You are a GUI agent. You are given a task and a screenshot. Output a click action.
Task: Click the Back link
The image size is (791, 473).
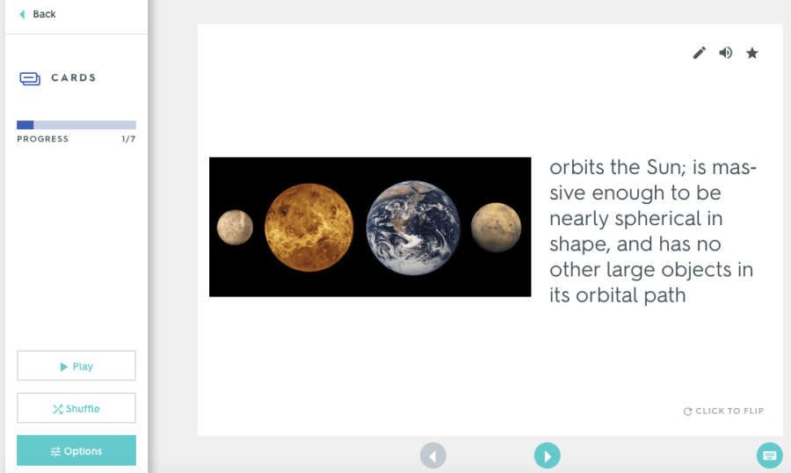click(x=37, y=14)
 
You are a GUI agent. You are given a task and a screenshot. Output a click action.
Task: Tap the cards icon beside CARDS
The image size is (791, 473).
click(x=30, y=78)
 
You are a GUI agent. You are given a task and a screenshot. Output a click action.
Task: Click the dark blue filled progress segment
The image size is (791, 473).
click(x=25, y=125)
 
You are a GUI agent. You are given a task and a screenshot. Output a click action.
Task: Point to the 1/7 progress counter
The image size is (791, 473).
click(x=128, y=139)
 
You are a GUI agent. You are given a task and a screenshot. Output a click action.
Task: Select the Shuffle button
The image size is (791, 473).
click(x=76, y=408)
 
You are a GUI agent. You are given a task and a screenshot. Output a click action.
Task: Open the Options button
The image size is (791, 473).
click(x=76, y=450)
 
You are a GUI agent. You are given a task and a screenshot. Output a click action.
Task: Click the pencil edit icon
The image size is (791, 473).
click(x=700, y=53)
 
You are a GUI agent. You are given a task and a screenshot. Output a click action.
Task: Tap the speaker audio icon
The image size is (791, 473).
click(x=725, y=53)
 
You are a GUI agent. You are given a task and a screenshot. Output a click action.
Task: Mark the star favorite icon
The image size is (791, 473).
click(x=752, y=53)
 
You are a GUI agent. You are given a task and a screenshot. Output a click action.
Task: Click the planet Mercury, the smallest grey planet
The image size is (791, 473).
click(x=235, y=227)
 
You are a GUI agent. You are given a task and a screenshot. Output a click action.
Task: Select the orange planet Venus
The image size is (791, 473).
click(x=308, y=227)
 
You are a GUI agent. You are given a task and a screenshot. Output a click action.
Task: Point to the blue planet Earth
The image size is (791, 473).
click(x=413, y=228)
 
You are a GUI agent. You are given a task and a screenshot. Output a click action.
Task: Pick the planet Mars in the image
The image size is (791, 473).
click(x=496, y=227)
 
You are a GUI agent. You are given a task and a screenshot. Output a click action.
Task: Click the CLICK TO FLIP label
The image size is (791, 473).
click(x=723, y=411)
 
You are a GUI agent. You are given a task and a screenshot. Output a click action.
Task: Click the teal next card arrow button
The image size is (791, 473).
click(x=548, y=455)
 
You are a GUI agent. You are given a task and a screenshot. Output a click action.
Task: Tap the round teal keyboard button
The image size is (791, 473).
click(x=770, y=455)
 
